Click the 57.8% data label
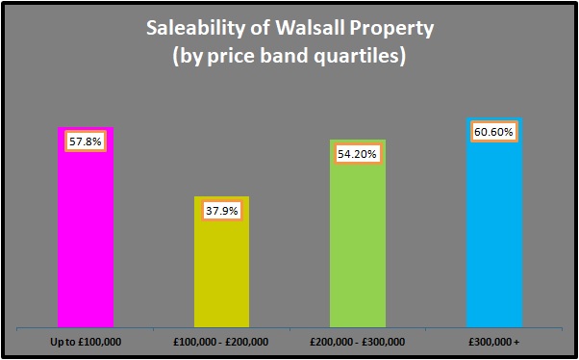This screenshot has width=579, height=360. tap(86, 141)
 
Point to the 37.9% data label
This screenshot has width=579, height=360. tap(221, 211)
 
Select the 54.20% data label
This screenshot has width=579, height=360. tap(358, 154)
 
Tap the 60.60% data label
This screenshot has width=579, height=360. tap(494, 131)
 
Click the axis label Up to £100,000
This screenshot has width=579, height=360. tap(86, 342)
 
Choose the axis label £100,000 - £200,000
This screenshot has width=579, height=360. tap(221, 342)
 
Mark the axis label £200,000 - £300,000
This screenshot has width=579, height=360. tap(358, 342)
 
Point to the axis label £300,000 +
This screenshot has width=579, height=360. tap(494, 342)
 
